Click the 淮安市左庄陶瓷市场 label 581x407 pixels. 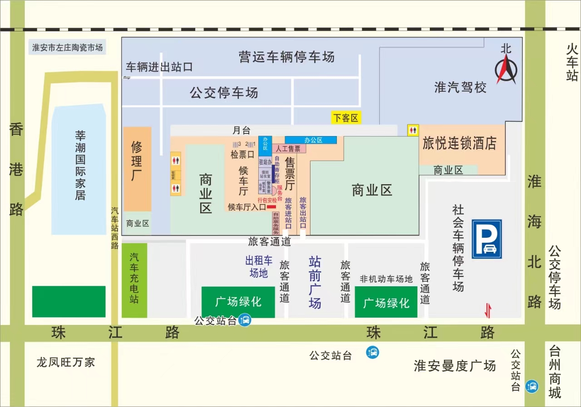pos(67,47)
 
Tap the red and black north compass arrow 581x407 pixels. pos(506,71)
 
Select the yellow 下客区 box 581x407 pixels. pos(346,118)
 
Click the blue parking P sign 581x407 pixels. pos(487,239)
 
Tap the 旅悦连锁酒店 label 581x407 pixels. pos(459,144)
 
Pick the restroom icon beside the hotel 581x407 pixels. pos(413,130)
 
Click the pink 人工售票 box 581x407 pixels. pos(288,148)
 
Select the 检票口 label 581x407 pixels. pos(242,154)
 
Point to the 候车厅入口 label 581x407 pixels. pos(247,207)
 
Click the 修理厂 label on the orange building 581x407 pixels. pos(137,161)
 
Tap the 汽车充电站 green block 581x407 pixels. pos(134,280)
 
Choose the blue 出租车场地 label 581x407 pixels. pos(259,266)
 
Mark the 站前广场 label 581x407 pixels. pos(315,282)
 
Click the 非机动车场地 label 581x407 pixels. pos(386,279)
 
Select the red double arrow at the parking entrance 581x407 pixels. pos(487,311)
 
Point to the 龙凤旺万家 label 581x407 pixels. pos(66,362)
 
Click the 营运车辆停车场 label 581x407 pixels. pos(286,57)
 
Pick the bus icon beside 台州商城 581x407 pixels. pos(532,387)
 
